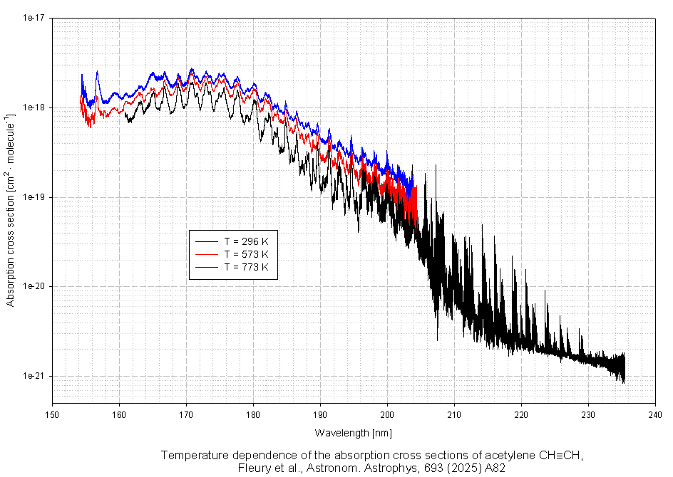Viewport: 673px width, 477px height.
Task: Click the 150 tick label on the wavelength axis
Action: pos(53,414)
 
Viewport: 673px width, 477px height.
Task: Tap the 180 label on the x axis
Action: pos(253,414)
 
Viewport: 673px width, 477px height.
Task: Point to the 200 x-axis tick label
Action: pos(387,414)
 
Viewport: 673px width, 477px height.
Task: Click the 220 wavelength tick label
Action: pos(521,414)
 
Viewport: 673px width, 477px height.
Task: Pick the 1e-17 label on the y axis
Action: pos(34,18)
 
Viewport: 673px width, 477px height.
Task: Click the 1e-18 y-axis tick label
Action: pos(34,108)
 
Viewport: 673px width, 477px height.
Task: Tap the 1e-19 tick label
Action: pos(34,197)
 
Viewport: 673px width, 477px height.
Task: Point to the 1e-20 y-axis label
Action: pos(34,286)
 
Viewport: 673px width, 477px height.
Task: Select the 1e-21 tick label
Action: pos(34,376)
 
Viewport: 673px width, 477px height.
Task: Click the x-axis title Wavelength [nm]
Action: pos(354,433)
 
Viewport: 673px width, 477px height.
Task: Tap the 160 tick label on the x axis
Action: pos(120,414)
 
